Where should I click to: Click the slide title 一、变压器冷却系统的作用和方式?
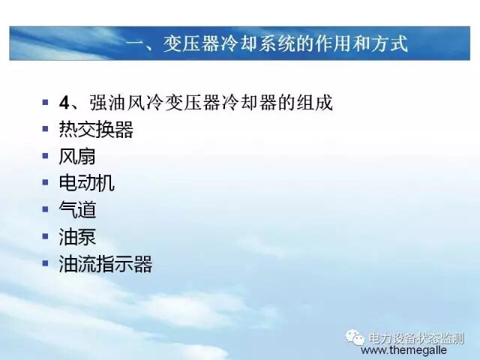(267, 45)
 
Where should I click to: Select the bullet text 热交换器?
(96, 130)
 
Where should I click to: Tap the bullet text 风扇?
(77, 157)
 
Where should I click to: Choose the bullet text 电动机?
(87, 183)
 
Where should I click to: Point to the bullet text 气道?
(77, 210)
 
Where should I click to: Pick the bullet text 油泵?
(77, 237)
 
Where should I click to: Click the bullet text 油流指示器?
(106, 264)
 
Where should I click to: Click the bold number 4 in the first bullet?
(64, 103)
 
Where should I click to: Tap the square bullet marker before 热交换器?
(46, 129)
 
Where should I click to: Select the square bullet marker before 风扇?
(46, 156)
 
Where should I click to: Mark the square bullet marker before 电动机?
(46, 183)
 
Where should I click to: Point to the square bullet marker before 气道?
(46, 210)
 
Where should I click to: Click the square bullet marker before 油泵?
(46, 236)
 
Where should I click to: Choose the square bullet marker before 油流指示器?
(46, 263)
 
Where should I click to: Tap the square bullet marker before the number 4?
(46, 102)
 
